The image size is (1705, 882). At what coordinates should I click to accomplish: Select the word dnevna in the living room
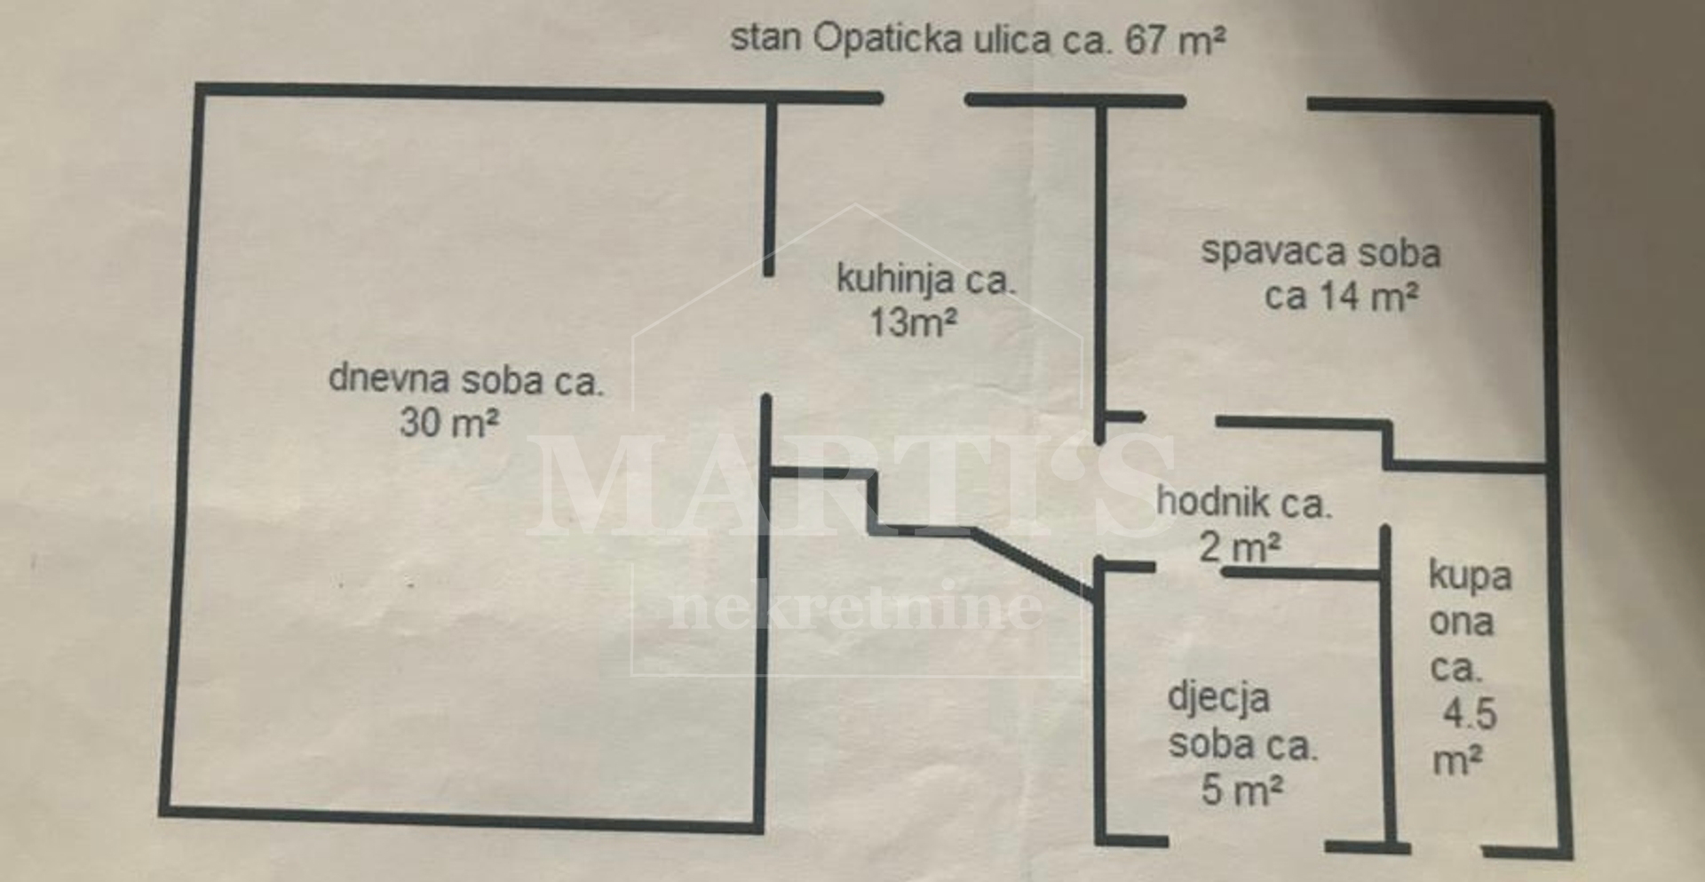pos(389,378)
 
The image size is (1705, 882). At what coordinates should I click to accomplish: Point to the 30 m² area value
pos(448,422)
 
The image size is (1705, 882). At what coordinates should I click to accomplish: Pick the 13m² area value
pos(913,322)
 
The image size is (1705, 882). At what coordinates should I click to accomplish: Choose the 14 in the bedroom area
pos(1340,296)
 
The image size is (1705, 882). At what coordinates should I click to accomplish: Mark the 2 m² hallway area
pos(1240,547)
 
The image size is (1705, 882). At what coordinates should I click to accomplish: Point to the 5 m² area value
pos(1241,789)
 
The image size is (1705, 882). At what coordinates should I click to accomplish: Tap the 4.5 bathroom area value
pos(1470,714)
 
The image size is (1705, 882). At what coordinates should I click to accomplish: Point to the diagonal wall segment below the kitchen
pos(1033,563)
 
